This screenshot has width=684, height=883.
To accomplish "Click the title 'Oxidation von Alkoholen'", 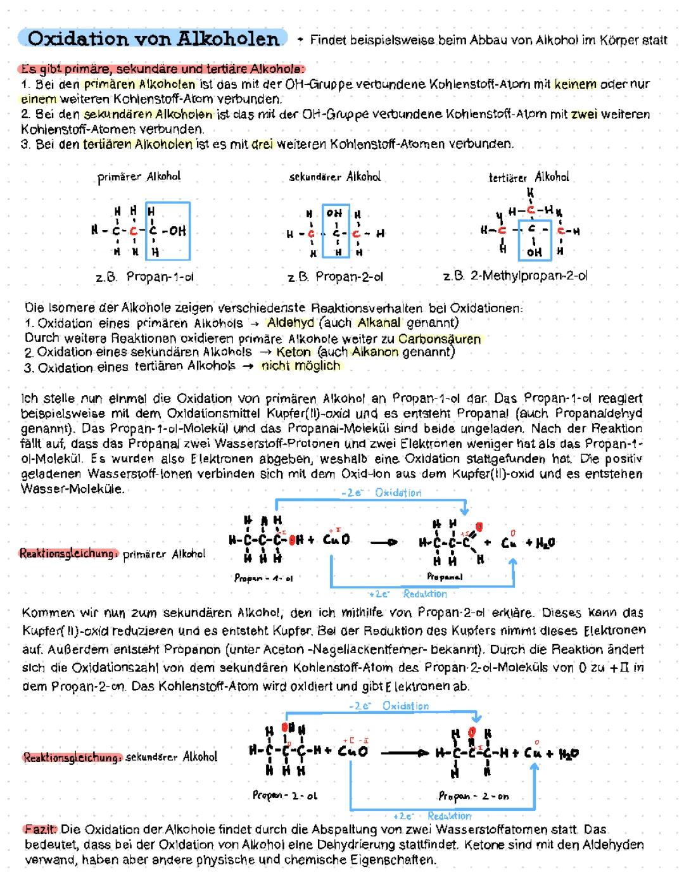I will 153,39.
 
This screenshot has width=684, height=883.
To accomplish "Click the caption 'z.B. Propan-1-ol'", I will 144,277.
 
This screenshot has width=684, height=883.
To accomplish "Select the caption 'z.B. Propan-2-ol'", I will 335,277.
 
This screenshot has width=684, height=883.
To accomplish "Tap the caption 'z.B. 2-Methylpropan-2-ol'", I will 516,276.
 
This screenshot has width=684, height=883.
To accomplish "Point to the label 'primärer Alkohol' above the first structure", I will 139,177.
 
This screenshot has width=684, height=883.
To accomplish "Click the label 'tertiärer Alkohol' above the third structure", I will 529,177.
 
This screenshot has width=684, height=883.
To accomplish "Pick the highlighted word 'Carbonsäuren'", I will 440,338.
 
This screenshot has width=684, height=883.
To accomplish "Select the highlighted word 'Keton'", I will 294,352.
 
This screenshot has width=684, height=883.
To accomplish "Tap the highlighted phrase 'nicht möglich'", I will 301,366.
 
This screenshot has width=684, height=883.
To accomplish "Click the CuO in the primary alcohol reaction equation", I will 336,541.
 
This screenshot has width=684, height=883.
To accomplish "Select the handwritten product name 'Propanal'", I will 444,577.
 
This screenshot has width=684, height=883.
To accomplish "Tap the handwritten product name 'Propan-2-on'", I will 474,796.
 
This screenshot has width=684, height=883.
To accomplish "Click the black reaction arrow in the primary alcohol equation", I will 384,542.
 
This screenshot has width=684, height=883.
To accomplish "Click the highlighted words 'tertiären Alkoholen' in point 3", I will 137,144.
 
